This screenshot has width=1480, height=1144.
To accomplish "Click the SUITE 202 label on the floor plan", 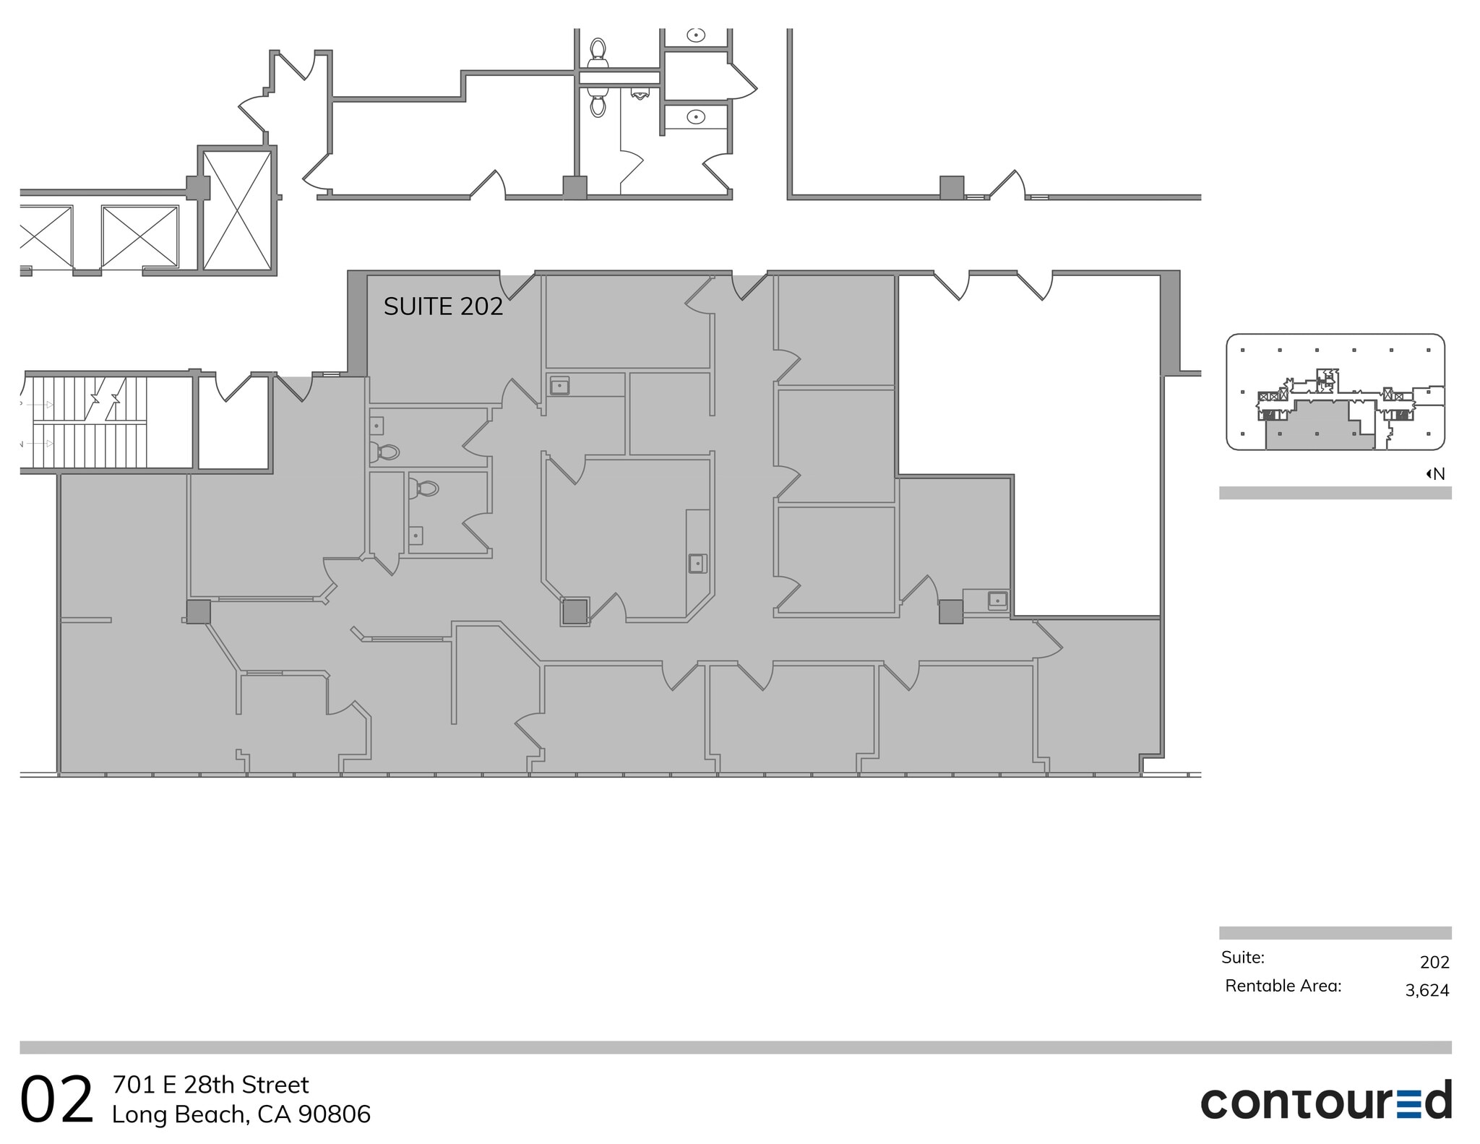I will click(443, 306).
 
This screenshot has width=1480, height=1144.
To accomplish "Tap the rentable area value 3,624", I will click(1427, 990).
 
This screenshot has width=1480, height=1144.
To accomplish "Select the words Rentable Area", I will click(1283, 986).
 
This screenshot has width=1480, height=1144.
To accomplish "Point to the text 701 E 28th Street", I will click(210, 1085).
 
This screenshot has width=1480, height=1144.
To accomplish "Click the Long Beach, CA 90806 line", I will click(241, 1114).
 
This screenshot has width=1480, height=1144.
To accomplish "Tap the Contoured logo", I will click(1325, 1101).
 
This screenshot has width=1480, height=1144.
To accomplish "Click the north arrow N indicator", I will click(1435, 474).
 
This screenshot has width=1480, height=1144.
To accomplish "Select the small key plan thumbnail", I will click(1335, 392).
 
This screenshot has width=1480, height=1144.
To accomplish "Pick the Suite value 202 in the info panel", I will click(1434, 962).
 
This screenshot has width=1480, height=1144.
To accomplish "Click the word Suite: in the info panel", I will click(1242, 958).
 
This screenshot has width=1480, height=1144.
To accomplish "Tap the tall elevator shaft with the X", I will click(237, 210).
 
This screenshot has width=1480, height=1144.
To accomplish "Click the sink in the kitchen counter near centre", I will click(697, 563).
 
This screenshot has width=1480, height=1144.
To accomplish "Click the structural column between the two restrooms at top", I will click(575, 187).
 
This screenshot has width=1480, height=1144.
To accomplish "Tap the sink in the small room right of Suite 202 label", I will click(559, 386).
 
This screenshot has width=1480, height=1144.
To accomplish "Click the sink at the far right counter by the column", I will click(997, 599).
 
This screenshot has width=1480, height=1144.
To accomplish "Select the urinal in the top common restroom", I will click(640, 93).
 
